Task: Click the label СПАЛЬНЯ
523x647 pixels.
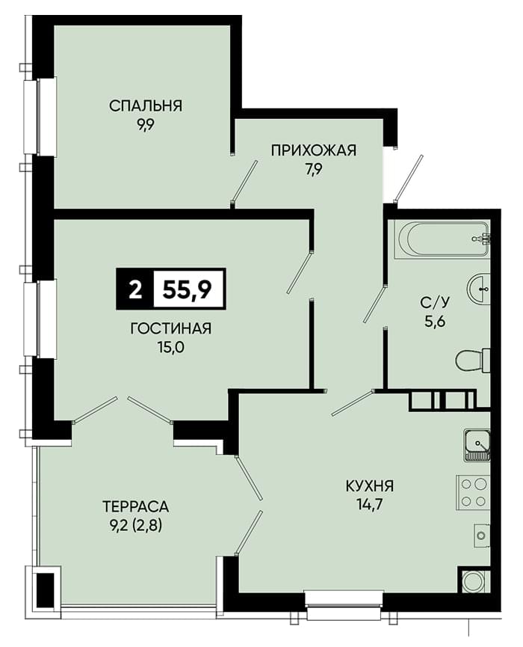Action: tap(145, 105)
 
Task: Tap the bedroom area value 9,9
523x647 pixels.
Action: tap(146, 125)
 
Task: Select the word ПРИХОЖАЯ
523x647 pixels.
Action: tap(313, 150)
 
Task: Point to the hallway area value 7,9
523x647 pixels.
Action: tap(313, 169)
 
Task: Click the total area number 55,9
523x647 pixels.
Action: tap(188, 289)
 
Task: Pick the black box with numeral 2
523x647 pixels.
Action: tap(134, 289)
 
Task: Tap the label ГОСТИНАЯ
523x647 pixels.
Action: tap(170, 328)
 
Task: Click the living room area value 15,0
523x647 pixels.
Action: tap(170, 347)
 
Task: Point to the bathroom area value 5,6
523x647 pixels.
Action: tap(436, 322)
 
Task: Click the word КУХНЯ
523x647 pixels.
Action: tap(370, 486)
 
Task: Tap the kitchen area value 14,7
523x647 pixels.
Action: tap(370, 505)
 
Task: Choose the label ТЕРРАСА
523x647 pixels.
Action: tap(135, 506)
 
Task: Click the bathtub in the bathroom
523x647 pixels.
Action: tap(442, 240)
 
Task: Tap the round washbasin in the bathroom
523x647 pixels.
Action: tap(479, 289)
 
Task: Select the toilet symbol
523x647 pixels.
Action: tap(473, 361)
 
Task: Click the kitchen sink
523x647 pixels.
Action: tap(477, 445)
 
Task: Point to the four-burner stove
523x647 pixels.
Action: tap(473, 493)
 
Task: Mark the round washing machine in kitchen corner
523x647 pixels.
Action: tap(474, 582)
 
